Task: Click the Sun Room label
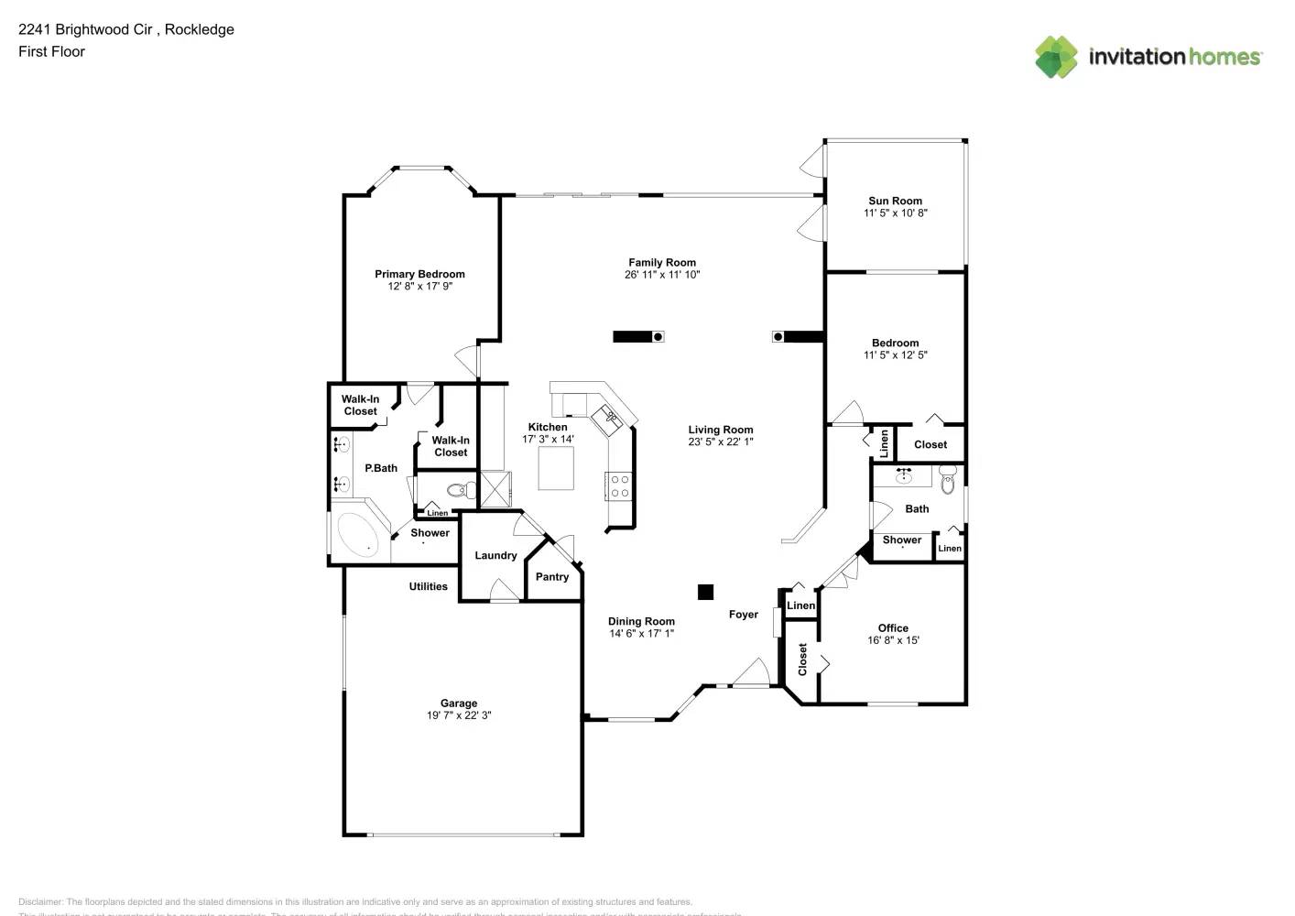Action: (x=895, y=201)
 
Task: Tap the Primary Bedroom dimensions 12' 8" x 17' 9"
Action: (x=419, y=287)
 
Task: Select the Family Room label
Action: (x=661, y=262)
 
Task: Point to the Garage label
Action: (x=458, y=703)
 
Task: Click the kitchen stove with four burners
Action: (x=619, y=485)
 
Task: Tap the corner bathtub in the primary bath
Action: (x=357, y=534)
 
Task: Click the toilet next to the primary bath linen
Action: (x=462, y=491)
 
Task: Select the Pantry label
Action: (x=552, y=577)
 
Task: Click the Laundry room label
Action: (x=495, y=555)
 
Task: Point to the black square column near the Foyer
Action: (x=705, y=592)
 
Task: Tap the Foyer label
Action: (x=743, y=615)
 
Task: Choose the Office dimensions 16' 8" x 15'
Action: (x=893, y=640)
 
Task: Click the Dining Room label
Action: (x=641, y=621)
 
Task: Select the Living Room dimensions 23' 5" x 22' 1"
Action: (x=721, y=442)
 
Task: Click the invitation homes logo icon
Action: (x=1056, y=57)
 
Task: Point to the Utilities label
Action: (x=428, y=586)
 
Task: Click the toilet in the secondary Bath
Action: (x=947, y=478)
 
